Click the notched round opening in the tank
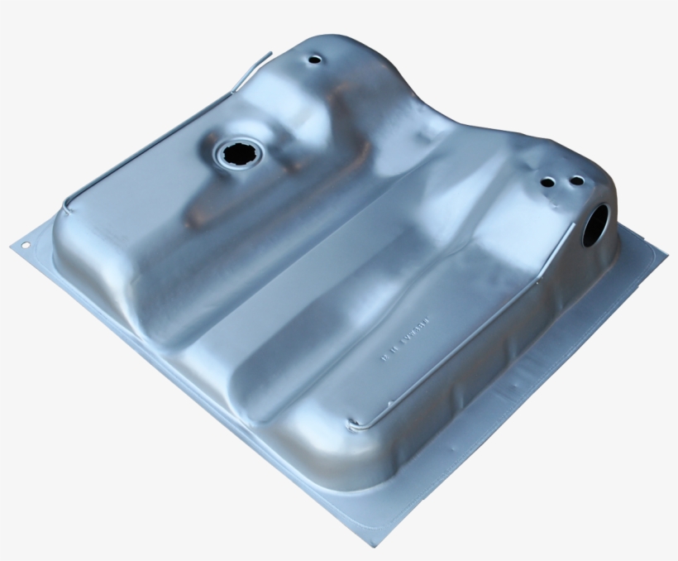[238, 153]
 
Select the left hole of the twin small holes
[548, 182]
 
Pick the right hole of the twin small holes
[576, 180]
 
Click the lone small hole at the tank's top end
[313, 60]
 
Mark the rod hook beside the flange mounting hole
[68, 204]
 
